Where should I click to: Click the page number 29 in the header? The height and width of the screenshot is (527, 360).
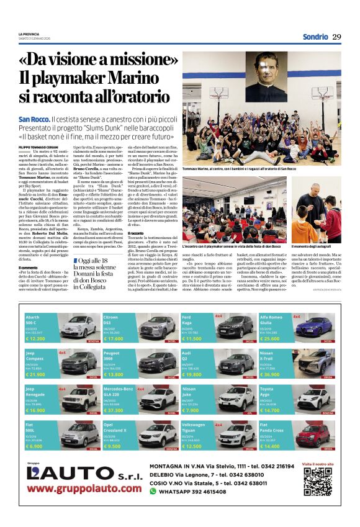336,37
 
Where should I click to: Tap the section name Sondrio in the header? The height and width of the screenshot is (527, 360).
315,37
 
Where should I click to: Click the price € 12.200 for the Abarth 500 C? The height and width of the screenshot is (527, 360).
37,339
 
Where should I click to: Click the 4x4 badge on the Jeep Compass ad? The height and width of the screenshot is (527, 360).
62,353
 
